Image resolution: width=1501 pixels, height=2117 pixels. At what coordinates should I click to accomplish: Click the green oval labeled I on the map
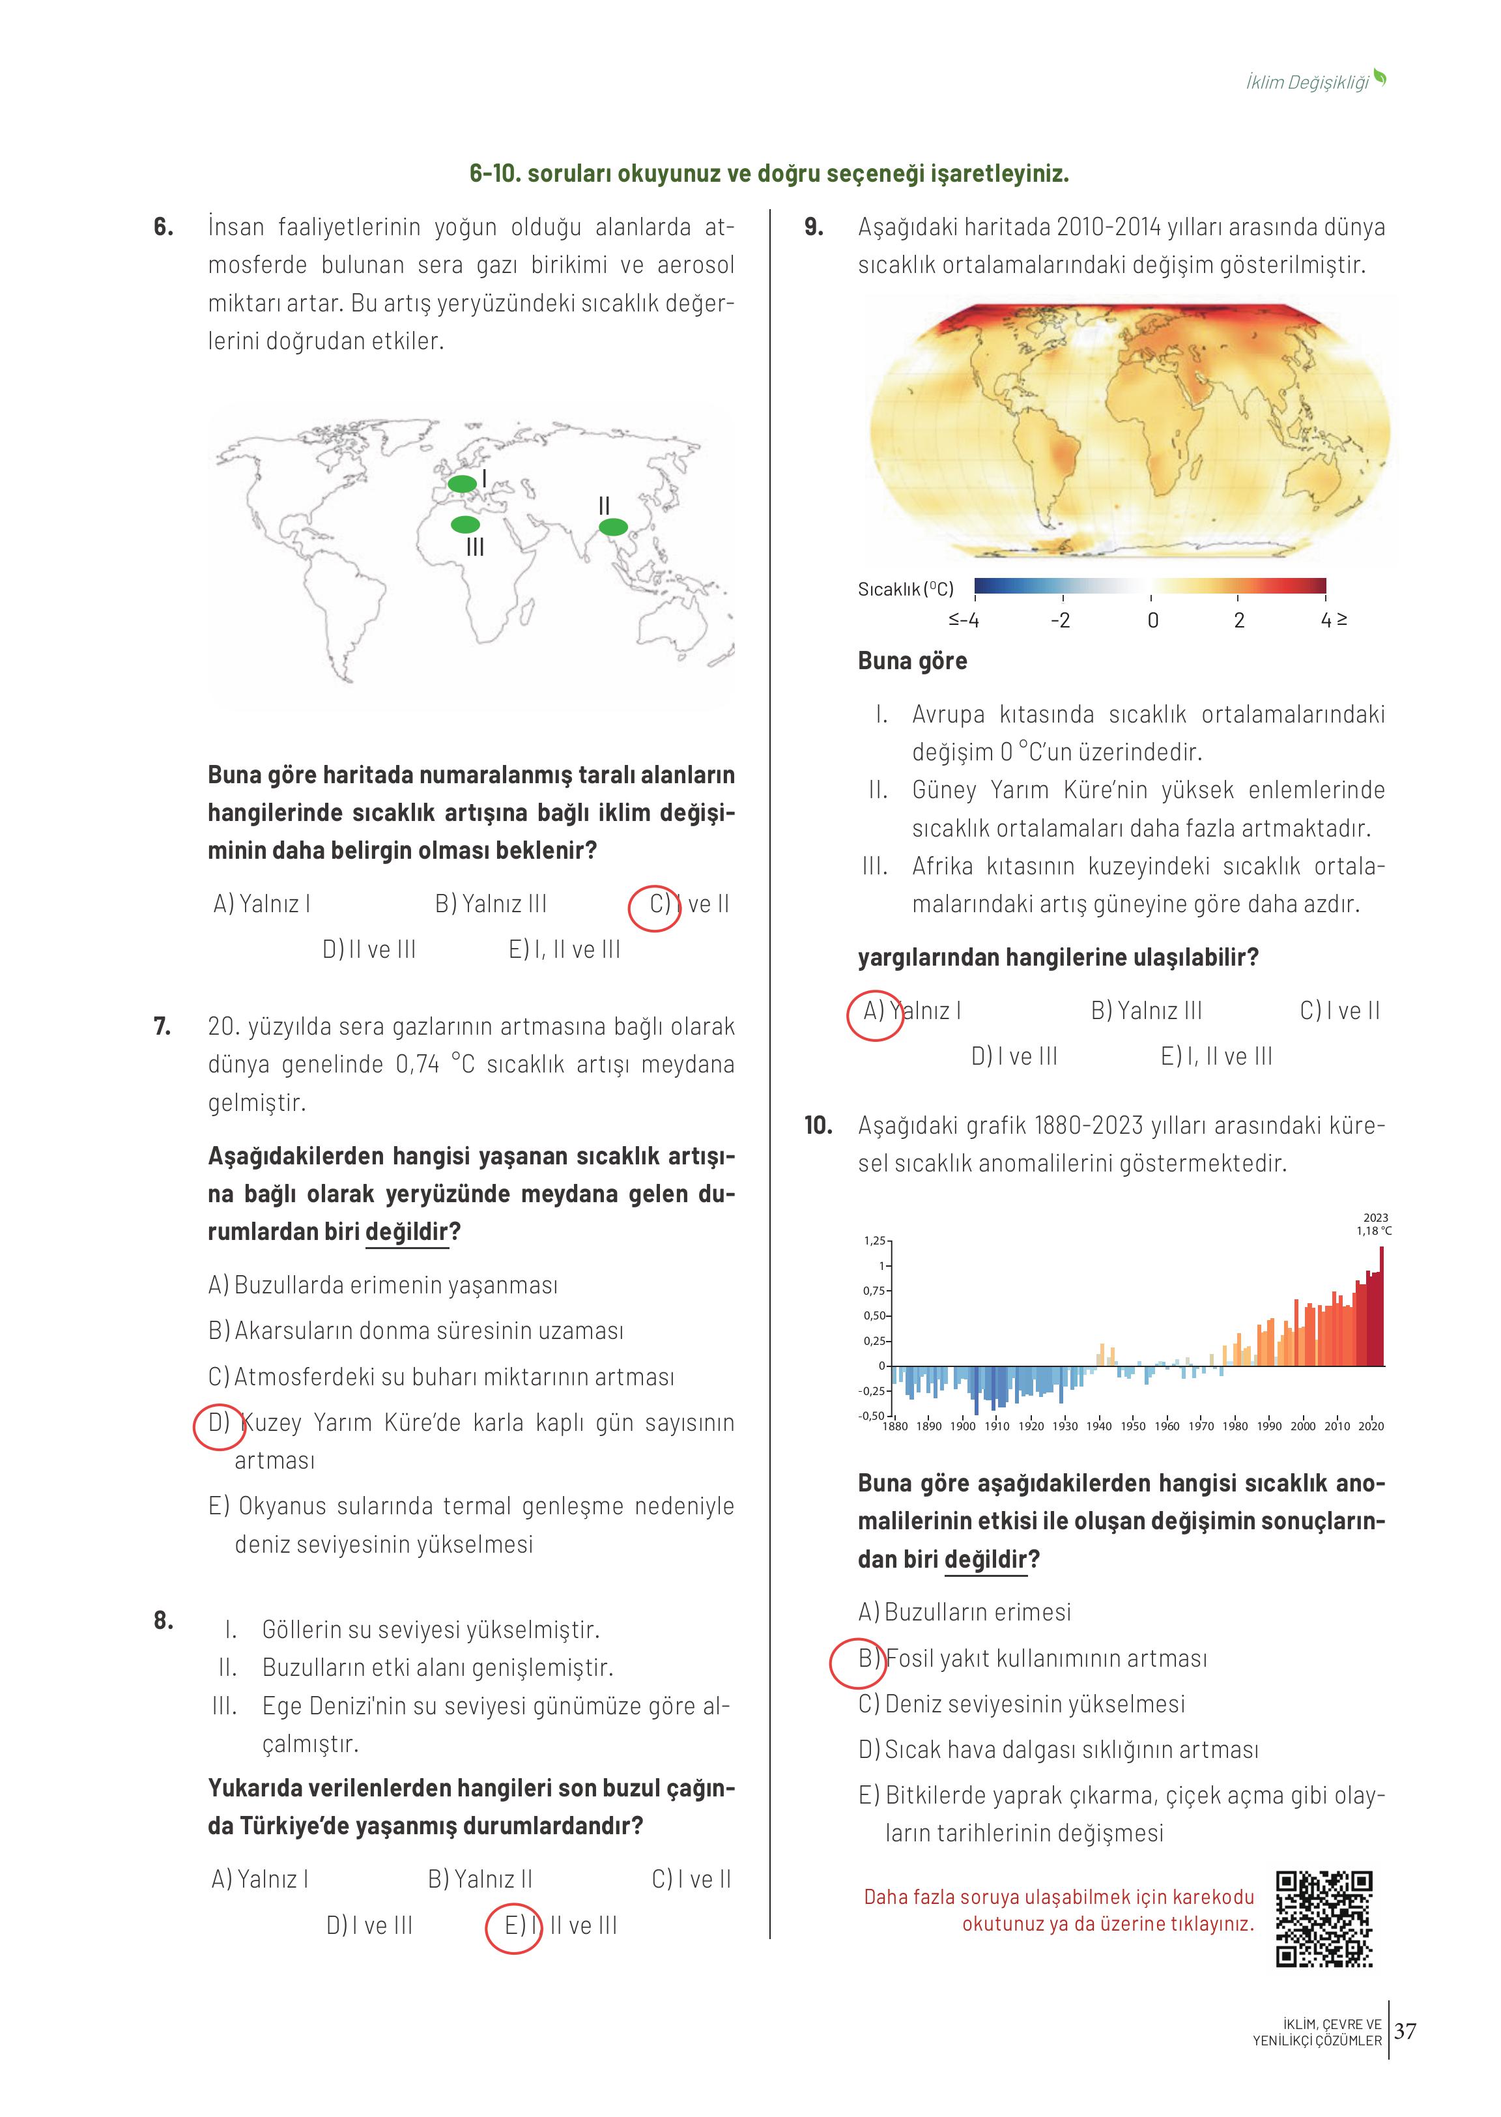(462, 483)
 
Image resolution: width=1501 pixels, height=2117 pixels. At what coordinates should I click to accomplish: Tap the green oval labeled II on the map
(613, 527)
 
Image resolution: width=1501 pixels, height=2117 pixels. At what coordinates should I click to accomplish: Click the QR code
(1324, 1918)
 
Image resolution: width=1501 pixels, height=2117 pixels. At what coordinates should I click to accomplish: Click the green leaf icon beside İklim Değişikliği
(1380, 79)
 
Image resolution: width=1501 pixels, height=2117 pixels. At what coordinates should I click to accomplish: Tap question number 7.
(163, 1026)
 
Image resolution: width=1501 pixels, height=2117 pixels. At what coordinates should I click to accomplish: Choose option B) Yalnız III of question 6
(491, 903)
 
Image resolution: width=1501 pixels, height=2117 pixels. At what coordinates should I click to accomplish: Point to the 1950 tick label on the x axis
(1132, 1426)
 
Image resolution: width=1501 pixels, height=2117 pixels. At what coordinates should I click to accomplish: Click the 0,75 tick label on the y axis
(874, 1291)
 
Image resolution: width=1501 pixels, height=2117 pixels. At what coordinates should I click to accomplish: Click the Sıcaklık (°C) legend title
(905, 589)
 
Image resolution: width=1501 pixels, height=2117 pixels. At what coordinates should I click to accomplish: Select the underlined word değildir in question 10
(985, 1559)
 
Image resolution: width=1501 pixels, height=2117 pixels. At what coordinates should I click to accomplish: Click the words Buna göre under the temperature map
(912, 661)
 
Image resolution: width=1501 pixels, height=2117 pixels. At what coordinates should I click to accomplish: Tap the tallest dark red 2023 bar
(1381, 1305)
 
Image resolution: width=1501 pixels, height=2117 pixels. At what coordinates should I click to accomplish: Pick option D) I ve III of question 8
(369, 1925)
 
